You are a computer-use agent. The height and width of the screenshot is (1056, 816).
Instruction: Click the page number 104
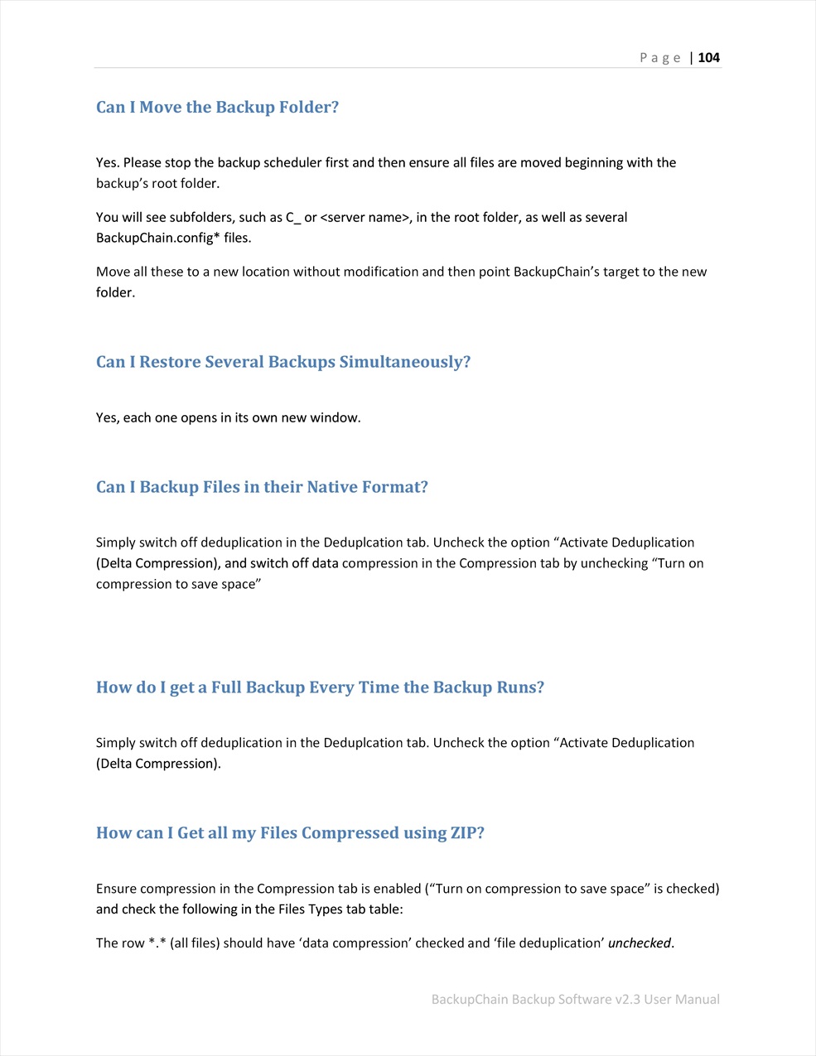(709, 57)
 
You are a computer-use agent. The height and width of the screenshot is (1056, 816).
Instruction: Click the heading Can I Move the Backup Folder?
(217, 107)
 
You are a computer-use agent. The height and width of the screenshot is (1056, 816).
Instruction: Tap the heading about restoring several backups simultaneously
(282, 362)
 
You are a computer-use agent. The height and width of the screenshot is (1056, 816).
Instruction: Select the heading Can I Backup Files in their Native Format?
(262, 487)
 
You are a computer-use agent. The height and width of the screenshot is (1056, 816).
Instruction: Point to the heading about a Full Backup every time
(320, 687)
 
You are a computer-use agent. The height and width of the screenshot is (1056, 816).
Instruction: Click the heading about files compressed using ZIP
(290, 833)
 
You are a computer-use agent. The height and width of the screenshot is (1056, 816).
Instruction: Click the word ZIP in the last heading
(466, 833)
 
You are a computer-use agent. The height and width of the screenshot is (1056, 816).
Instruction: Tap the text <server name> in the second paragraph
(365, 217)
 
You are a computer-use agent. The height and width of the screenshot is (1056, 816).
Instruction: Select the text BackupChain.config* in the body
(158, 238)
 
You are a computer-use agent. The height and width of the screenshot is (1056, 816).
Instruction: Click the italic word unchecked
(639, 943)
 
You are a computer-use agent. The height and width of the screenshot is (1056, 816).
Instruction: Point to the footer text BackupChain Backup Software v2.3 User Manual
(575, 999)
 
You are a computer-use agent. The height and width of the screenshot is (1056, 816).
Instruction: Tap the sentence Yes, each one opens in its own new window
(228, 417)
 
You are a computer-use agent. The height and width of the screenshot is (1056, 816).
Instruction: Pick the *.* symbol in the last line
(157, 943)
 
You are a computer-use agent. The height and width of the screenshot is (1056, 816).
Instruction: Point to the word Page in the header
(659, 57)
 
